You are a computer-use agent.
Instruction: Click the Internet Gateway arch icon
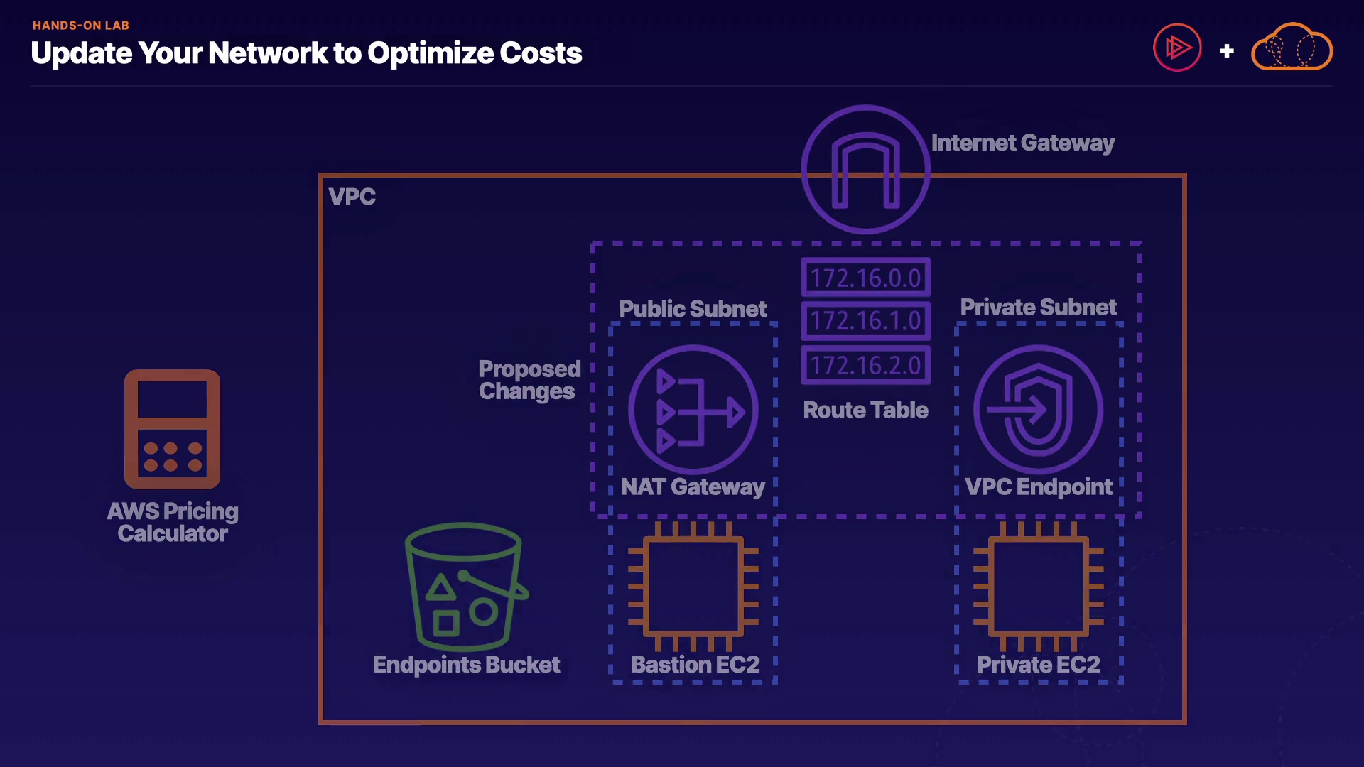pos(865,170)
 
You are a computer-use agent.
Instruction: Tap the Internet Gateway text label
pos(1022,143)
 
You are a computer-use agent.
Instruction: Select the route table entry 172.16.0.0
pos(865,278)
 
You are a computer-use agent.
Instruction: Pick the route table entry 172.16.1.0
pos(865,321)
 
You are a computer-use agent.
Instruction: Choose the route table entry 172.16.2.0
pos(865,365)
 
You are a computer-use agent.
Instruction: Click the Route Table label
pos(865,410)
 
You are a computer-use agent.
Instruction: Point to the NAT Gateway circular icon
pos(693,410)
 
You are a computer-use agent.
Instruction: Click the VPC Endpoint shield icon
pos(1038,410)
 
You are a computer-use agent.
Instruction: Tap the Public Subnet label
pos(693,309)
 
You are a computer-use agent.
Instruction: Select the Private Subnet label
pos(1038,307)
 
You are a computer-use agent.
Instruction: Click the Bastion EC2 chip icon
pos(693,587)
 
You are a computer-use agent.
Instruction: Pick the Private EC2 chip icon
pos(1038,587)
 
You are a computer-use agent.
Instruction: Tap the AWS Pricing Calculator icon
pos(172,429)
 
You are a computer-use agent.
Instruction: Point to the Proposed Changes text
pos(529,380)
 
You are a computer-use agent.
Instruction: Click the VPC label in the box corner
pos(352,197)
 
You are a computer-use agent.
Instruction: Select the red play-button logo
pos(1177,48)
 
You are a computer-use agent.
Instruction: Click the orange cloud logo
pos(1292,48)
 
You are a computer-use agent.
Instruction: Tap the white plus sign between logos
pos(1226,51)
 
